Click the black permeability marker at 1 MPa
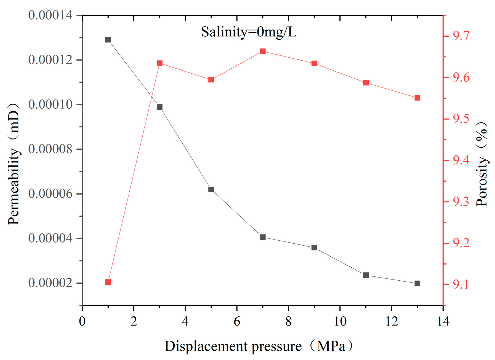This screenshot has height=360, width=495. [108, 40]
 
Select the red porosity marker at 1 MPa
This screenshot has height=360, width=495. [108, 282]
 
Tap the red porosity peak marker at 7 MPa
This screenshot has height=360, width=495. [262, 51]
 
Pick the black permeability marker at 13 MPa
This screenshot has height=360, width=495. [417, 283]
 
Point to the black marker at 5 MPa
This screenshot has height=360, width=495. [211, 189]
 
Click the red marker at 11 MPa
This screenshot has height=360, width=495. [366, 83]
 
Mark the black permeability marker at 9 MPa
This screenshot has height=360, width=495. [314, 248]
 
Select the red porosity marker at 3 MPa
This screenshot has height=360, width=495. [159, 63]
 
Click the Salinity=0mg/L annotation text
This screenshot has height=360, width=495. [249, 32]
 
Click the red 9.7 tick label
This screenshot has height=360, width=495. [461, 36]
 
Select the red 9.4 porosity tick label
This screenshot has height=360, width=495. [461, 160]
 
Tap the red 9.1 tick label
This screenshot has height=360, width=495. [461, 284]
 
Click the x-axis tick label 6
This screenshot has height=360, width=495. [237, 321]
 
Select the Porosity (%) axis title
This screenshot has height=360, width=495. [482, 164]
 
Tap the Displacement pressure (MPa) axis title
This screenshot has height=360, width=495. [259, 346]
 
